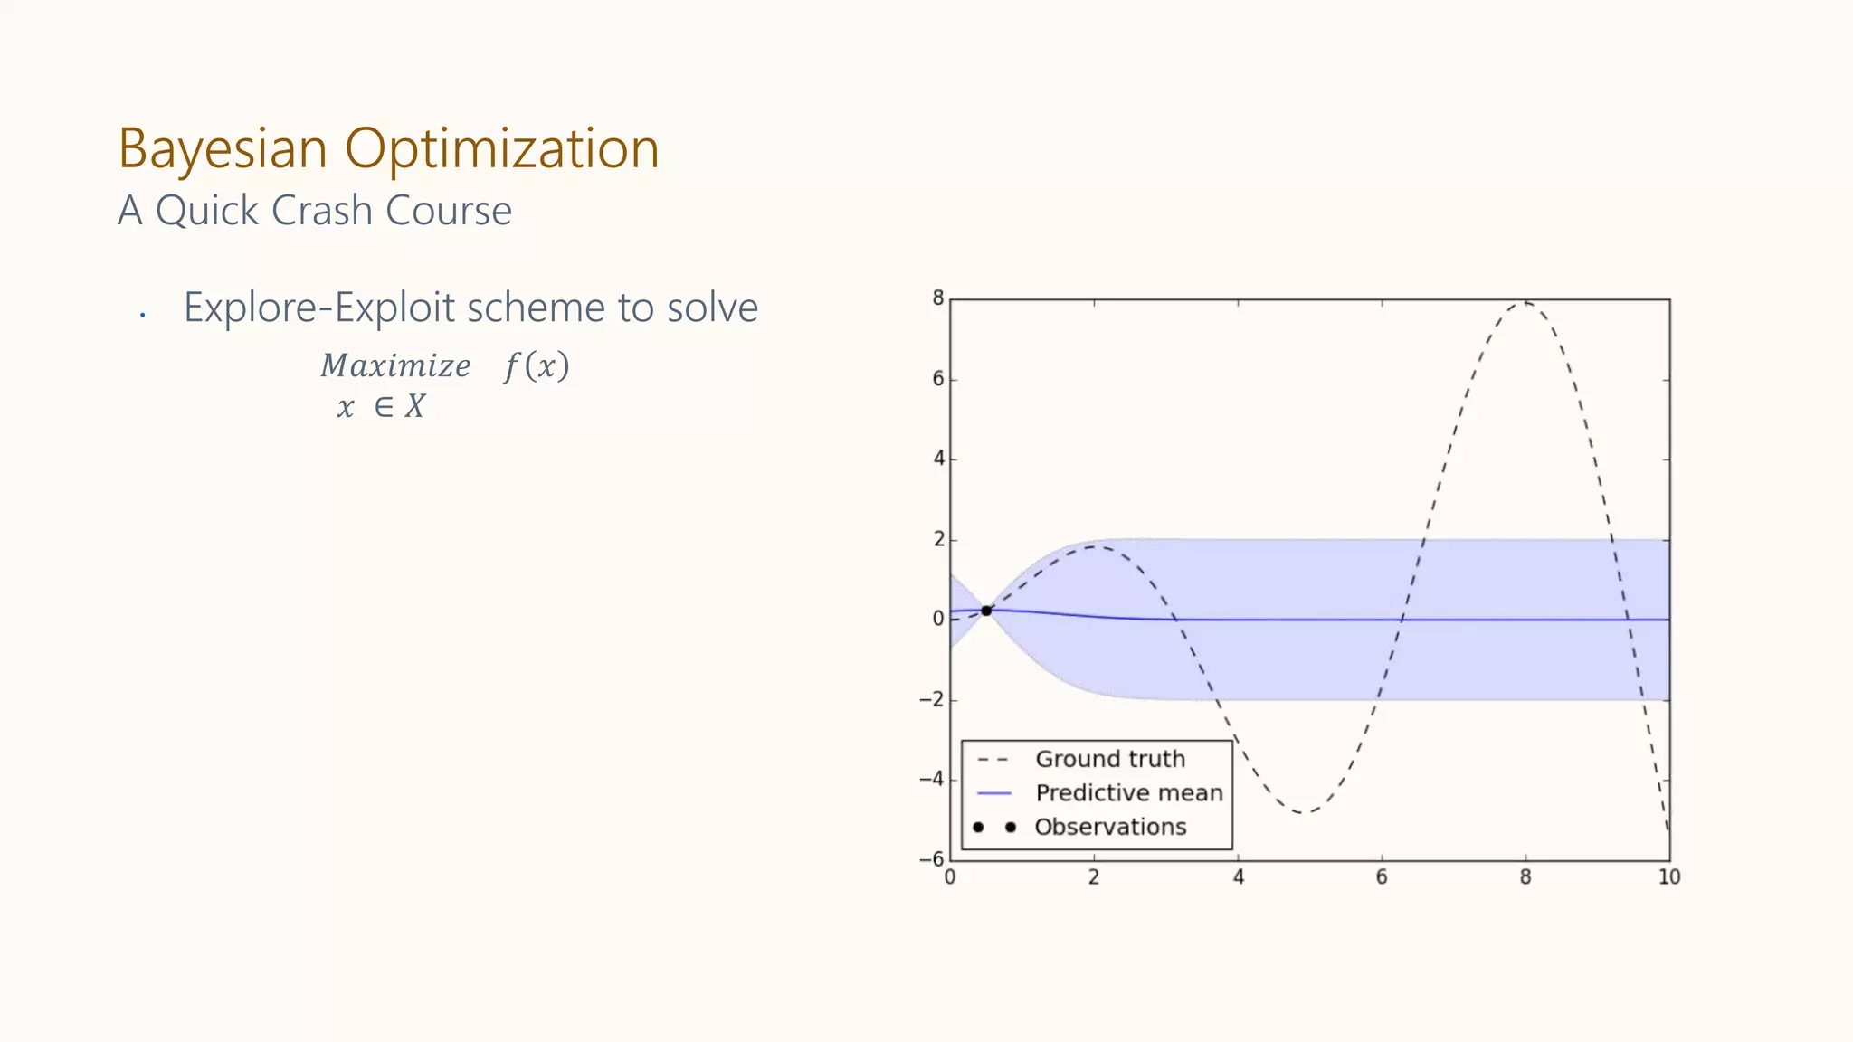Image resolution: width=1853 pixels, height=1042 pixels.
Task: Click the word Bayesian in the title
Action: point(223,148)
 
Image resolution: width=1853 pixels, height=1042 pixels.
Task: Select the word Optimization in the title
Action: point(502,148)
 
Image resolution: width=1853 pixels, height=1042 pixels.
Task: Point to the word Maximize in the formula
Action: point(395,366)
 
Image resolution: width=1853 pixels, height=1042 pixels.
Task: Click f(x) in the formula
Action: point(537,366)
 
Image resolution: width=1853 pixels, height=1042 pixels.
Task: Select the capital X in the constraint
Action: point(414,407)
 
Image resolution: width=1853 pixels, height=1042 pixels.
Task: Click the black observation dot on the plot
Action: point(986,611)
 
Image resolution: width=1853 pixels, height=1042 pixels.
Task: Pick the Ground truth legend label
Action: point(1110,759)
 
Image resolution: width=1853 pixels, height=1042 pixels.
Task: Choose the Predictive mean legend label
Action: point(1129,793)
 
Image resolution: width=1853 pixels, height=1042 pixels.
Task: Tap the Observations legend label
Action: point(1110,827)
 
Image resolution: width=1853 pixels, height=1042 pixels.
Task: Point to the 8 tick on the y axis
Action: point(938,298)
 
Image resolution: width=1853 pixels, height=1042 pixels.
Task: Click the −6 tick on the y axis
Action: point(932,859)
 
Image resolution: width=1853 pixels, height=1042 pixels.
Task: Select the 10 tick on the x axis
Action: point(1669,877)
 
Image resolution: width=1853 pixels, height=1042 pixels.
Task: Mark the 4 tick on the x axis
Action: point(1238,877)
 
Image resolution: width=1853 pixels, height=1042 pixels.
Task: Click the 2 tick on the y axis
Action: point(938,539)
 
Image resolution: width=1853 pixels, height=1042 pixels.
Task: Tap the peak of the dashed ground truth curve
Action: point(1525,302)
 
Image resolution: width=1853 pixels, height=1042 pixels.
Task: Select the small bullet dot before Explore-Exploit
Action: point(143,315)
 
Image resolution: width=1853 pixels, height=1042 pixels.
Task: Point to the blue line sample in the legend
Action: point(994,793)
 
